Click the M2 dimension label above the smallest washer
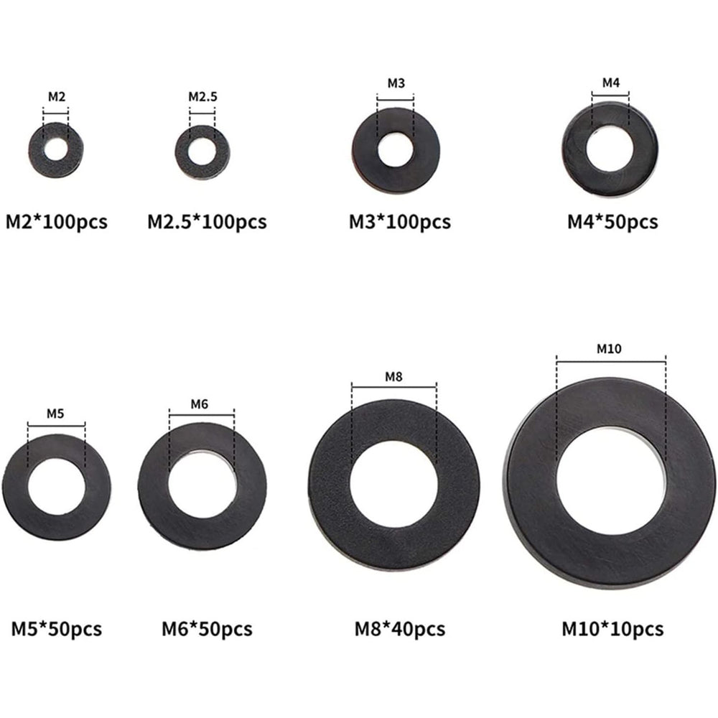pos(56,96)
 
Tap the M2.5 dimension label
pos(202,96)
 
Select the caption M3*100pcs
pos(399,222)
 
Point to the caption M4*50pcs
pos(612,222)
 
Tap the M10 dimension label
pos(610,349)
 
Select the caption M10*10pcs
pos(612,629)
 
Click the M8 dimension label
pos(393,376)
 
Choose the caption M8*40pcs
pos(399,630)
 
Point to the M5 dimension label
pos(56,413)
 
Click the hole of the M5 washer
pos(56,488)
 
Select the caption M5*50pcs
pos(57,630)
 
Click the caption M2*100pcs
pos(57,222)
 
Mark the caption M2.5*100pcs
pos(206,222)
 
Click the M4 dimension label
pos(610,83)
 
